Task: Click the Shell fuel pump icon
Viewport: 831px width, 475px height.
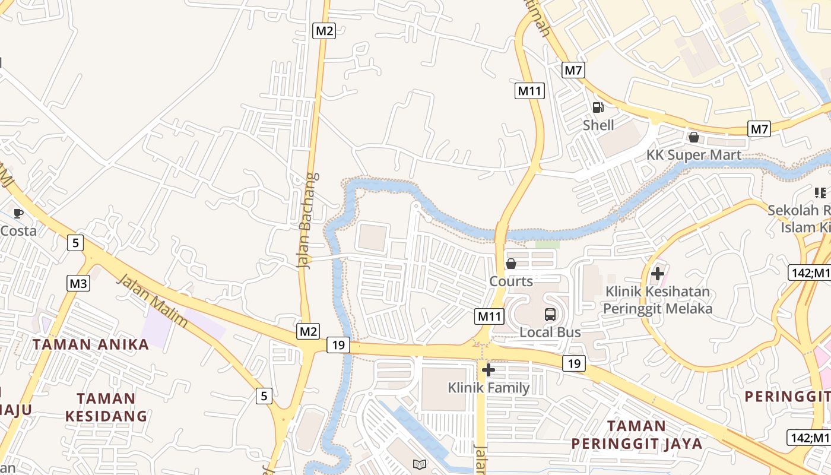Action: [598, 107]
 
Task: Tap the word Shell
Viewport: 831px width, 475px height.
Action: [598, 125]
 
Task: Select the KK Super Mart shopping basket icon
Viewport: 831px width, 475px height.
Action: [693, 138]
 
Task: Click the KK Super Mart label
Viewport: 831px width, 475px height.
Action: [693, 156]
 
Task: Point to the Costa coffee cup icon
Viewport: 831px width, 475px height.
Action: [18, 213]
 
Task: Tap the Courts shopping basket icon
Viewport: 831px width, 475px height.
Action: [510, 264]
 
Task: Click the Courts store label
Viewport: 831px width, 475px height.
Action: [510, 281]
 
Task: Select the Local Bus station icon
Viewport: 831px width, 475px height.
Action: [550, 315]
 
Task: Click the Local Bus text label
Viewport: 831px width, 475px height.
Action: [550, 332]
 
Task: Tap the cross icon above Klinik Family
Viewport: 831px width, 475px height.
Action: [489, 370]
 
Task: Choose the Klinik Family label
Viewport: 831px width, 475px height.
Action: [489, 388]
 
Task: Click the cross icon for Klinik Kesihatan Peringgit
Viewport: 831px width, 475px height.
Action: [657, 274]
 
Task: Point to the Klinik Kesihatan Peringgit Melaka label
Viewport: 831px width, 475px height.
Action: [657, 300]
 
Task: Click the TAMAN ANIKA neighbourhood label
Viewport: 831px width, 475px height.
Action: [90, 344]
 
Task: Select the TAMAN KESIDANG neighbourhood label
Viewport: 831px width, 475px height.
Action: [106, 407]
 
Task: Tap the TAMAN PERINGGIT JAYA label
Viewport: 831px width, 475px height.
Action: [636, 435]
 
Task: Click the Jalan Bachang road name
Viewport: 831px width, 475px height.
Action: [307, 220]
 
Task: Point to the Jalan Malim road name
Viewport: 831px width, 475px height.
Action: [153, 300]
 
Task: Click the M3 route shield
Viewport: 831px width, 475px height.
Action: [78, 283]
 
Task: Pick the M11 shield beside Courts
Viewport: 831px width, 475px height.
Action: [490, 316]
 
